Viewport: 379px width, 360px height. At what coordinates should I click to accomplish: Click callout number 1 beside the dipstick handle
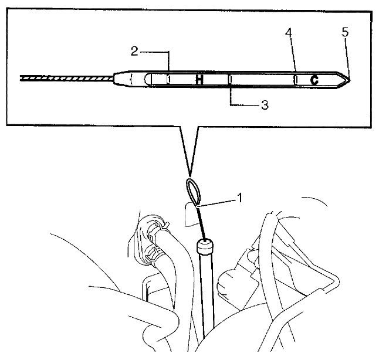[x=239, y=198]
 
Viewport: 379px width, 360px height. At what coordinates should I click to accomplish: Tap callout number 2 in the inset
[x=134, y=51]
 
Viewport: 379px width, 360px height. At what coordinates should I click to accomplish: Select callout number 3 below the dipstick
[x=265, y=105]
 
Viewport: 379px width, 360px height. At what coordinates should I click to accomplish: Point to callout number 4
[x=289, y=33]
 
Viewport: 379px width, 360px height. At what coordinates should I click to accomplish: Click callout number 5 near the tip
[x=345, y=32]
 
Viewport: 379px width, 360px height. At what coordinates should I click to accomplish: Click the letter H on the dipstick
[x=199, y=80]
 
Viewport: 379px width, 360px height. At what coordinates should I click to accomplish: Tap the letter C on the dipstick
[x=314, y=80]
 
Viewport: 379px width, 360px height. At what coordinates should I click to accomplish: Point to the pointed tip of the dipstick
[x=350, y=80]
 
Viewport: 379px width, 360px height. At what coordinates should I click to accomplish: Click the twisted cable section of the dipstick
[x=67, y=79]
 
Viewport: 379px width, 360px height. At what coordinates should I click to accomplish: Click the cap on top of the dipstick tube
[x=205, y=246]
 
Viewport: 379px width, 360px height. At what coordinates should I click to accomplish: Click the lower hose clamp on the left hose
[x=154, y=255]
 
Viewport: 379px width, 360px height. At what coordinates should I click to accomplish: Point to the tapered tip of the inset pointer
[x=190, y=176]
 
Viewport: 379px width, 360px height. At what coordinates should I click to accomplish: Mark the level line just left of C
[x=296, y=80]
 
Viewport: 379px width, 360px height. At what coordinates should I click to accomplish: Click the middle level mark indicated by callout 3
[x=231, y=80]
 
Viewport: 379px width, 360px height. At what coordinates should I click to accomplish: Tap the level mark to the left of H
[x=169, y=79]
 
